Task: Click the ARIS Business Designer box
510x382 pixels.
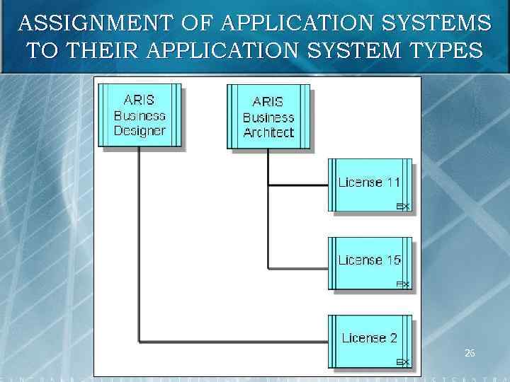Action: point(140,116)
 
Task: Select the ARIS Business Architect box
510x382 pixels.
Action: point(268,117)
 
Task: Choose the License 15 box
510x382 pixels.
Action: point(369,263)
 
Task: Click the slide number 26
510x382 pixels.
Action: point(470,352)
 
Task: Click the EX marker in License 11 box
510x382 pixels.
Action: point(402,207)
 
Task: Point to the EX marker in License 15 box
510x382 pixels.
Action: point(402,284)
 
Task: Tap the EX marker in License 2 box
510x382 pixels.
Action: point(402,362)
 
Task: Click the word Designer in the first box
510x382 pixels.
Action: point(140,131)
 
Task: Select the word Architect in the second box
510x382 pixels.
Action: point(268,132)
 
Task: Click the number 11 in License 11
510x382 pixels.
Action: point(392,182)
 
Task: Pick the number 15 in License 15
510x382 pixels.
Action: point(392,260)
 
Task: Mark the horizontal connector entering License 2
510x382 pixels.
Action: point(234,342)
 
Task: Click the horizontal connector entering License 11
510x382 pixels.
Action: point(297,186)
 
